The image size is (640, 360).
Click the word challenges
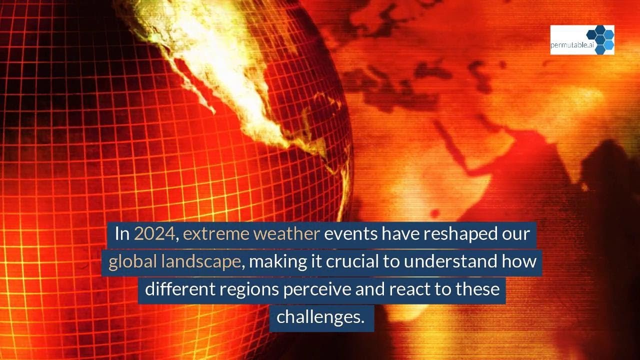(320, 316)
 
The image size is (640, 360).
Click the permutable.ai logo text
(568, 44)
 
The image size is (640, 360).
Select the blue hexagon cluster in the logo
(600, 38)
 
